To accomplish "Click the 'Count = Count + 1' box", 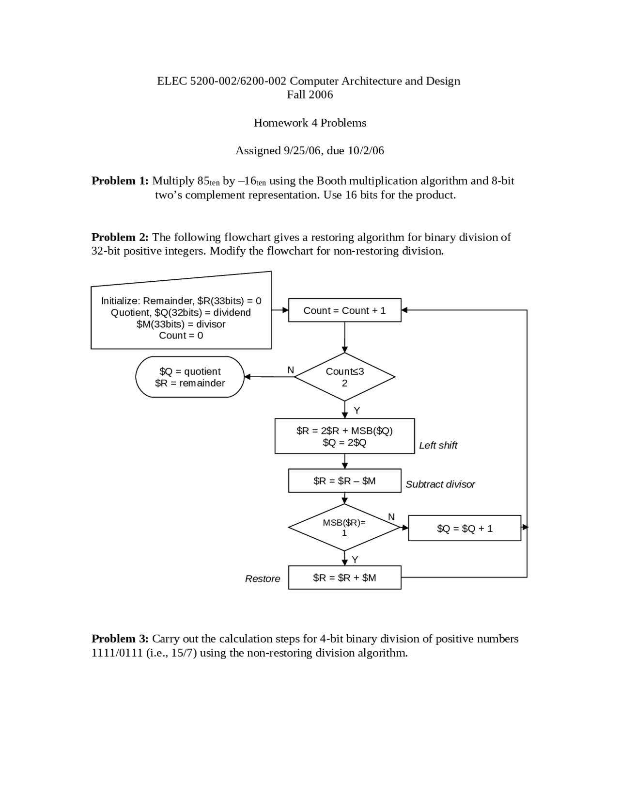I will pyautogui.click(x=344, y=310).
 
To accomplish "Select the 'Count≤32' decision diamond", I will pyautogui.click(x=344, y=377).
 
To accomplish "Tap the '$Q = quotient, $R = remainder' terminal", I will pyautogui.click(x=190, y=377).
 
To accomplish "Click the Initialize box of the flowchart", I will pyautogui.click(x=181, y=318).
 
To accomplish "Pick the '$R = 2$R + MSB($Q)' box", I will pyautogui.click(x=344, y=436).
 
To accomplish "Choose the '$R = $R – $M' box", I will pyautogui.click(x=344, y=481).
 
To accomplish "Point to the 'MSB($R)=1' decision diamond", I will pyautogui.click(x=344, y=527).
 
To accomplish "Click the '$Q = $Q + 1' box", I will pyautogui.click(x=465, y=528).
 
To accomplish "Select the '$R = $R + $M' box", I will pyautogui.click(x=344, y=578).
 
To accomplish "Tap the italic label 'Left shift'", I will pyautogui.click(x=438, y=445).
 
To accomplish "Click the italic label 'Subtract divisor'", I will pyautogui.click(x=440, y=484).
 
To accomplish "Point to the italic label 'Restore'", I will pyautogui.click(x=263, y=578).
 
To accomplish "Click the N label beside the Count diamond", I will pyautogui.click(x=291, y=370).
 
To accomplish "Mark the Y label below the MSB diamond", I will pyautogui.click(x=355, y=560).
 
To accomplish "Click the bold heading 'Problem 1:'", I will pyautogui.click(x=120, y=181).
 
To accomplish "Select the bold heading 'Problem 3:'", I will pyautogui.click(x=120, y=639).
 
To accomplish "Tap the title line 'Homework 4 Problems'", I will pyautogui.click(x=310, y=123).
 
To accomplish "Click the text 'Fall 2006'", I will pyautogui.click(x=310, y=95).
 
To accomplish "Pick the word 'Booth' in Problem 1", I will pyautogui.click(x=331, y=181).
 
